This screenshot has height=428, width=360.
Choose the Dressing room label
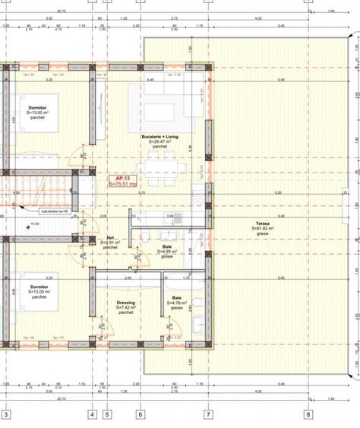(x=126, y=303)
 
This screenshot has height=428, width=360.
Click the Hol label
(x=109, y=239)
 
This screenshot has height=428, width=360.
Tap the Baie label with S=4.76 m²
(x=176, y=298)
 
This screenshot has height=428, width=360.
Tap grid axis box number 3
(x=6, y=415)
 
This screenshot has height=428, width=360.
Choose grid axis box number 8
(x=308, y=415)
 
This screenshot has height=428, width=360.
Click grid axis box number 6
(x=140, y=415)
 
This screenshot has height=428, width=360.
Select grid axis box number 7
(x=207, y=415)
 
